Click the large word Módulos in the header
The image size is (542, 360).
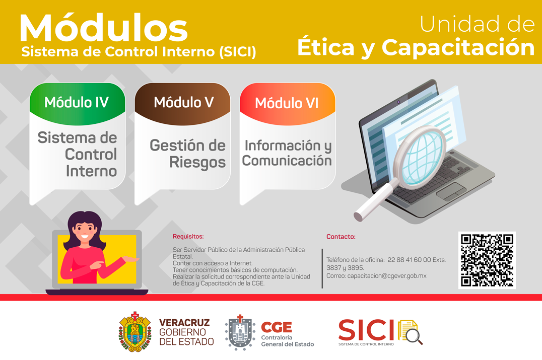[104, 28]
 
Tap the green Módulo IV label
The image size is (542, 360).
[77, 102]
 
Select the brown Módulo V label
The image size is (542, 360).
[183, 102]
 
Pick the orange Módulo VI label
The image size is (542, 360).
[287, 103]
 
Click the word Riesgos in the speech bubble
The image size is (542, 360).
[197, 163]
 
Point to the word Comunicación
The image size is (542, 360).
[287, 161]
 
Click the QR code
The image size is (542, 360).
[487, 260]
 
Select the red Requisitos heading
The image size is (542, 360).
[188, 237]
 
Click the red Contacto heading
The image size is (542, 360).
[341, 237]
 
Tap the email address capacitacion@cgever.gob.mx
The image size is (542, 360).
[387, 276]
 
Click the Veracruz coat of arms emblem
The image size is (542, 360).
[135, 332]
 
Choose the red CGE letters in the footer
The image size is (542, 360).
[277, 327]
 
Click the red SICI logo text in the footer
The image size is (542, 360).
[366, 330]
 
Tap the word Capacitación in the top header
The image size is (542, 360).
[458, 47]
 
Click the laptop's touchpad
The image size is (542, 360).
[451, 191]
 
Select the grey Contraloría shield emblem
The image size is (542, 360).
[240, 332]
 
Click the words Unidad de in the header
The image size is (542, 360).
[478, 24]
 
